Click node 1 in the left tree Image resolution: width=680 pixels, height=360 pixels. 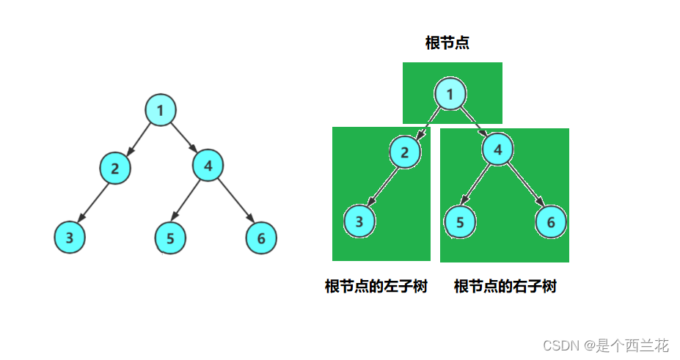[x=160, y=111]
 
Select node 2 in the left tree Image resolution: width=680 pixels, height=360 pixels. [x=115, y=168]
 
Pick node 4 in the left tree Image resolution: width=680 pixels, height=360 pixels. [x=208, y=166]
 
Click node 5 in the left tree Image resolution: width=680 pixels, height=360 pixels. [x=170, y=238]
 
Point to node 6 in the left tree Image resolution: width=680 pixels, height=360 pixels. [x=261, y=238]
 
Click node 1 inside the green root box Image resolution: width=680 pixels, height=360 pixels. [x=450, y=94]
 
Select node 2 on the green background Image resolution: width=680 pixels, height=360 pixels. [x=404, y=152]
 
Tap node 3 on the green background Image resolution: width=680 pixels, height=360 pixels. [x=359, y=221]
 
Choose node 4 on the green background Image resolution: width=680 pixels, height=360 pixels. [x=498, y=150]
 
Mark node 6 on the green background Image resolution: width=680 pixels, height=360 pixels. [x=551, y=222]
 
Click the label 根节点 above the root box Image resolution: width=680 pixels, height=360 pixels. [x=447, y=43]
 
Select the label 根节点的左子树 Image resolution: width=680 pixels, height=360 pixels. [x=376, y=286]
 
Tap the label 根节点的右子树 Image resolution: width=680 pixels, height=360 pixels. [x=505, y=286]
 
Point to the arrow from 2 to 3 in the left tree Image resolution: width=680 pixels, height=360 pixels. [x=93, y=202]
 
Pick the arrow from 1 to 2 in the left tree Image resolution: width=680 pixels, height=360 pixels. [x=138, y=139]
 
